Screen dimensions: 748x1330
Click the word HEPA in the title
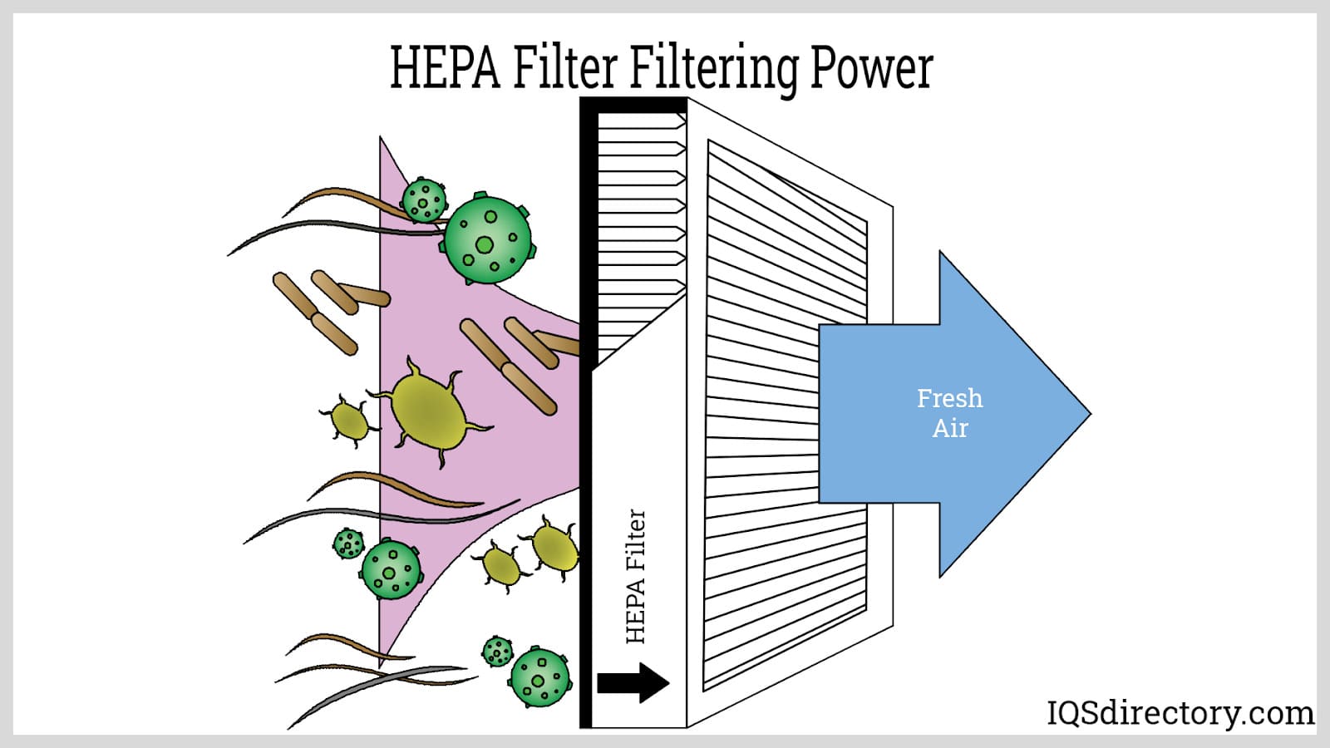point(445,68)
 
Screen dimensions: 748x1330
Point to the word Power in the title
point(871,68)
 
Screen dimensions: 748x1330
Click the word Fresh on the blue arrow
point(949,399)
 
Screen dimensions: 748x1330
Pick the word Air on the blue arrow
point(950,429)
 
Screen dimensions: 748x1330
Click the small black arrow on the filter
point(633,683)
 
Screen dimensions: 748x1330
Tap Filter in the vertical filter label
point(636,539)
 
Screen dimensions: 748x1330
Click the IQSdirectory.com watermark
point(1180,713)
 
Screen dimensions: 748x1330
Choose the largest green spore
point(487,239)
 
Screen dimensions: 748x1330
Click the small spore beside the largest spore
point(424,200)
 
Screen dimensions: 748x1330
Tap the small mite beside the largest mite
point(350,421)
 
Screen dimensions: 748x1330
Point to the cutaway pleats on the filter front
point(640,233)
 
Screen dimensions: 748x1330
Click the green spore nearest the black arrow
point(540,677)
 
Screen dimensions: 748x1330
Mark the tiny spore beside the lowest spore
point(497,651)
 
